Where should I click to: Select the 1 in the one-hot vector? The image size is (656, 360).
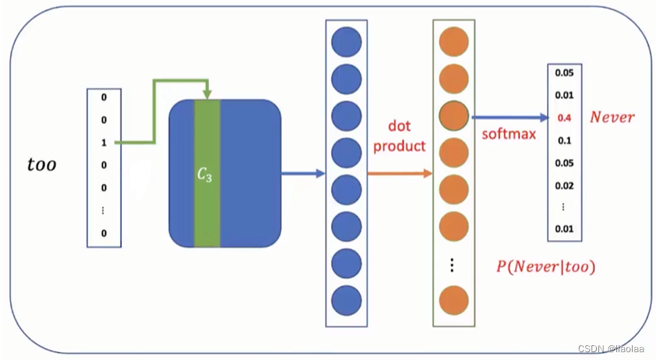104,143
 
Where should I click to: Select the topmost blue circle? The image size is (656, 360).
346,42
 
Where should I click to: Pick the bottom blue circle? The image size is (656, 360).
346,300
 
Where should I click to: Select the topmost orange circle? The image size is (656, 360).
453,42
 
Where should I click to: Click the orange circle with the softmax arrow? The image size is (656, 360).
453,117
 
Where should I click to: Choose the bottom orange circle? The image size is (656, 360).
453,300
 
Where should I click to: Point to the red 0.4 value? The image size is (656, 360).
564,118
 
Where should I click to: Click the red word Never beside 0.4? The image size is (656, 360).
612,118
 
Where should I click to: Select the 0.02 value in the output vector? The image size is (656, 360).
564,185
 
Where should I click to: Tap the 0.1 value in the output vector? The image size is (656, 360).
564,140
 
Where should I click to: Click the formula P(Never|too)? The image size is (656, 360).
545,266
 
